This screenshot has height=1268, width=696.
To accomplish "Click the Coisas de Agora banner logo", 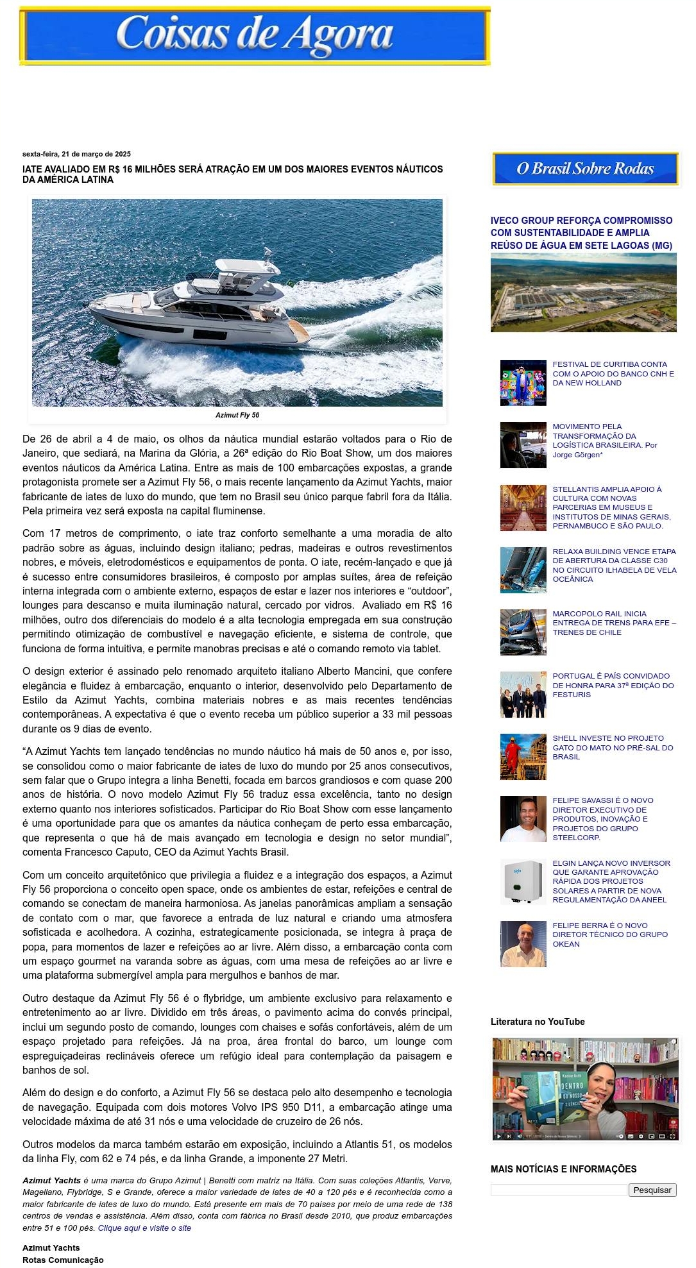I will pos(255,36).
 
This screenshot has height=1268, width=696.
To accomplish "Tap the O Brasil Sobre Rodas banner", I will pos(585,169).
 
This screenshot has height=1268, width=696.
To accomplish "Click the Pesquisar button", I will pos(652,1190).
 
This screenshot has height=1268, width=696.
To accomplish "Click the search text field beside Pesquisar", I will pos(559,1190).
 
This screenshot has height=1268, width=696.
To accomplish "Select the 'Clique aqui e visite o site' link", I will pos(144,1228).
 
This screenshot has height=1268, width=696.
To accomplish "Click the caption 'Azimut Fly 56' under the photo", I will pos(237,415).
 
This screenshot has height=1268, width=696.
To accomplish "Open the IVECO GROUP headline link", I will pos(581,233).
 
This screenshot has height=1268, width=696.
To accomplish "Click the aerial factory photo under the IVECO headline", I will pos(583,292).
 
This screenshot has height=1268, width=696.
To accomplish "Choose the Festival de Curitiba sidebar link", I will pos(613,373).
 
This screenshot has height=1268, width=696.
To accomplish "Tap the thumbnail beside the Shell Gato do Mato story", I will pos(523,757).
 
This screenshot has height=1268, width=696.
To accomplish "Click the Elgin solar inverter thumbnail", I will pos(523,881).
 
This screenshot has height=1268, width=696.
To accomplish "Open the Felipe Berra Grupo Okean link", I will pos(609,934).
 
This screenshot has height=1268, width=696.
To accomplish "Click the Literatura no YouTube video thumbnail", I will pos(584,1089).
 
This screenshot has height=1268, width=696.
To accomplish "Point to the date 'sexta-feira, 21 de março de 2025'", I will pos(76,154).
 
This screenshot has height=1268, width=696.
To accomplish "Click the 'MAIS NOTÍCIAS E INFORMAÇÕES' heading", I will pos(563,1169).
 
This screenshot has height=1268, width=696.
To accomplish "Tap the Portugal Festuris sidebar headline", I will pos(613,685).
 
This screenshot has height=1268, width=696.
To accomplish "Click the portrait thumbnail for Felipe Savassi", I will pos(523,819).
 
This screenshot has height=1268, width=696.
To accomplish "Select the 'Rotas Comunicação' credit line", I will pos(63,1260).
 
